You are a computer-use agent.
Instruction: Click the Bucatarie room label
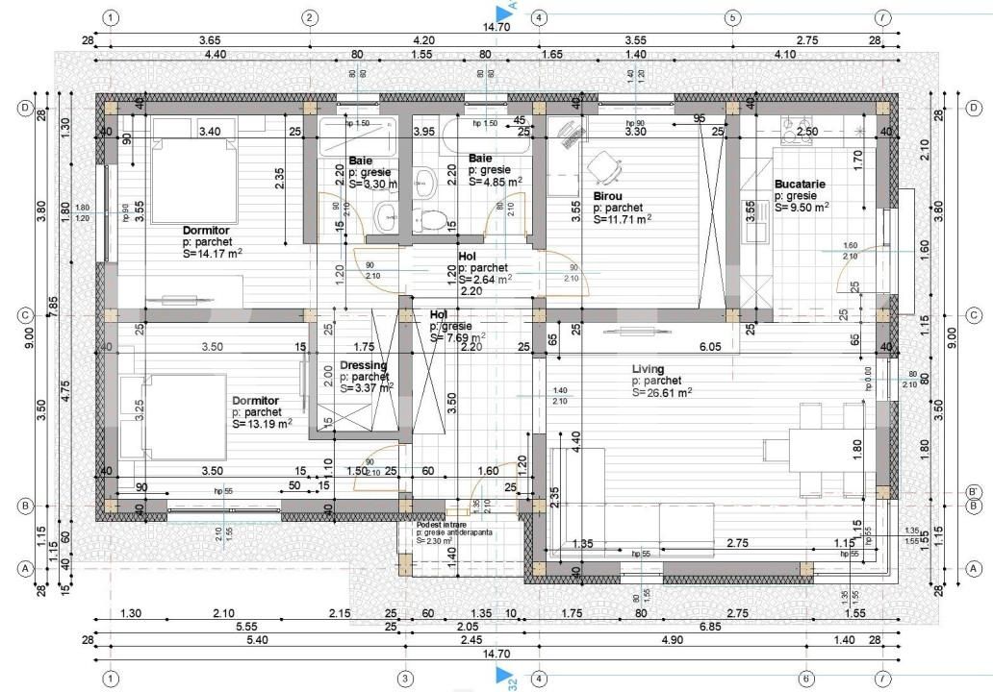click(x=800, y=184)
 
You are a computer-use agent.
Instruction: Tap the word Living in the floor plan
click(x=648, y=369)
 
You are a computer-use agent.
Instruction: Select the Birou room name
click(x=608, y=195)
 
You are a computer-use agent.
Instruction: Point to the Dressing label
click(x=363, y=365)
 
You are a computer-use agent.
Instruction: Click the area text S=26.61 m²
click(x=662, y=392)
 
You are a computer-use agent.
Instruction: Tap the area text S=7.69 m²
click(x=457, y=337)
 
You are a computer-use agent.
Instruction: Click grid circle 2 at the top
click(x=310, y=17)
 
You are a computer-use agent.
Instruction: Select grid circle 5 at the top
click(x=732, y=17)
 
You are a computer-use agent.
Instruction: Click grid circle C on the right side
click(x=974, y=314)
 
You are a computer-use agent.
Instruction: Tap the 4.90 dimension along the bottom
click(x=671, y=639)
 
